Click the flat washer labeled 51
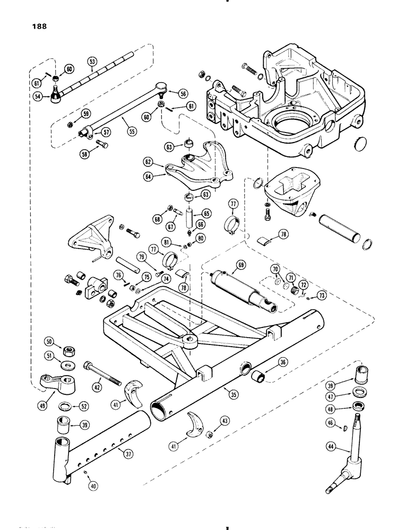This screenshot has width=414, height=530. [67, 365]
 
